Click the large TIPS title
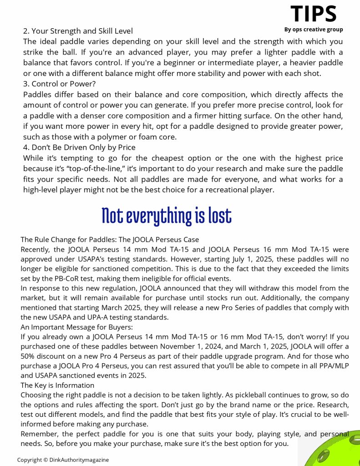tap(314, 14)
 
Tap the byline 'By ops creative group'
tap(314, 30)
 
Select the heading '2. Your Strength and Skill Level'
tap(78, 31)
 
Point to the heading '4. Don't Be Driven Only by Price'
tap(79, 147)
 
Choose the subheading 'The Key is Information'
tap(57, 385)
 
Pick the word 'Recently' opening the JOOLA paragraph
tap(36, 249)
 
